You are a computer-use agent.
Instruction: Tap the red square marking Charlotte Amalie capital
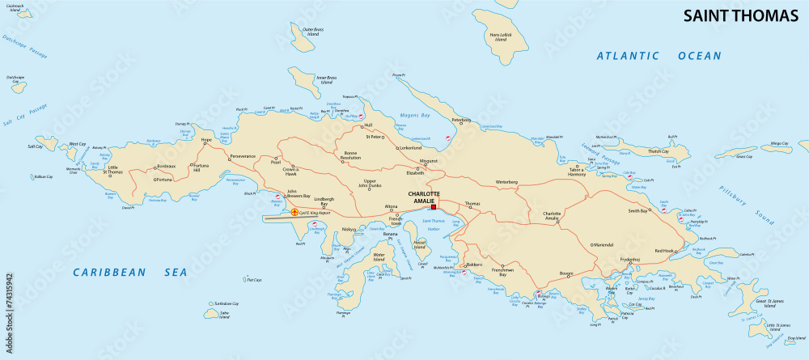pos(433,207)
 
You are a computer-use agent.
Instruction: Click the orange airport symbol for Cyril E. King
pos(294,212)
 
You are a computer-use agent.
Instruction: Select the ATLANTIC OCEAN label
pos(658,56)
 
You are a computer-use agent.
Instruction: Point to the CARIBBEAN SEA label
pos(129,272)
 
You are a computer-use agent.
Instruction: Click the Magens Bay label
pos(415,116)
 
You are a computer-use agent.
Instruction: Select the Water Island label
pos(379,258)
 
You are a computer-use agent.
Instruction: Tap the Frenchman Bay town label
pos(502,273)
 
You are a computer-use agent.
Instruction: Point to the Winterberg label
pos(506,182)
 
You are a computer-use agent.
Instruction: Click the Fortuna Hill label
pos(201,167)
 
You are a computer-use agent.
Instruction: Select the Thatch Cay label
pos(658,151)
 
